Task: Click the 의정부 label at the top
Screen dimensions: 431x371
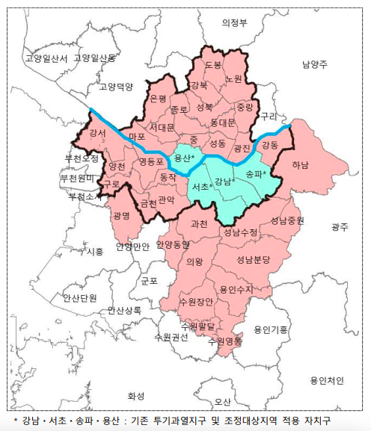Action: (234, 22)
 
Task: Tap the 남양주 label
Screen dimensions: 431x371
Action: (315, 65)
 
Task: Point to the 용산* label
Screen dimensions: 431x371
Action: (184, 158)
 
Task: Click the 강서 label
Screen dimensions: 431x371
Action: (97, 133)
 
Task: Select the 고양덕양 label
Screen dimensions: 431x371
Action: (115, 87)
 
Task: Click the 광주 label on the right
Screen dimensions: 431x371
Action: (340, 226)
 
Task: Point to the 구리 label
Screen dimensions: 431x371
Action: (268, 116)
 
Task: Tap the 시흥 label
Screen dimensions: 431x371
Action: (95, 252)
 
